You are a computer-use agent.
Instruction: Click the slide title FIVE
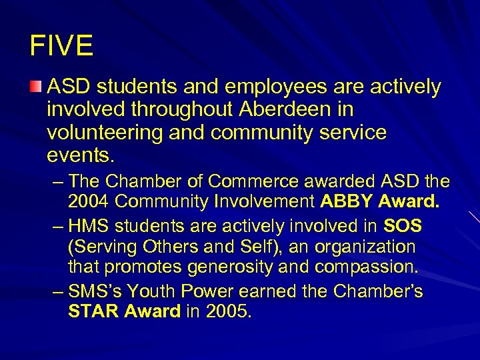click(x=61, y=46)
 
